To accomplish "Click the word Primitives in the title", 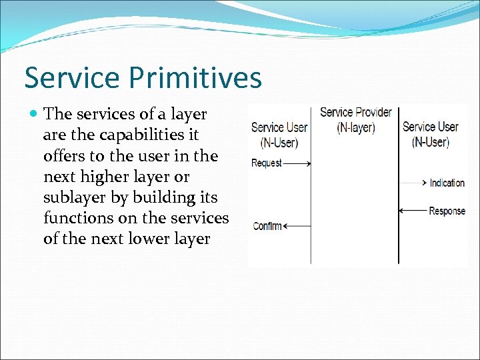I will point(193,79).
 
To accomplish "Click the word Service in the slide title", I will point(72,78).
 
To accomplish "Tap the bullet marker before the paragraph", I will point(34,115).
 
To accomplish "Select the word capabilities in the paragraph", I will point(148,135).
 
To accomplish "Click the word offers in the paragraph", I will point(63,155).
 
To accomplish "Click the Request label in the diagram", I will point(267,163).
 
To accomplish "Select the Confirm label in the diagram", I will point(267,226).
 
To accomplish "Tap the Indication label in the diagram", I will point(447,183).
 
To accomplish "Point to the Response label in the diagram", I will point(447,211).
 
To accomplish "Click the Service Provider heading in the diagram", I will point(355,112).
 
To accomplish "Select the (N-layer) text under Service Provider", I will point(355,127).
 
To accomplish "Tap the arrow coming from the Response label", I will point(413,211).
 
